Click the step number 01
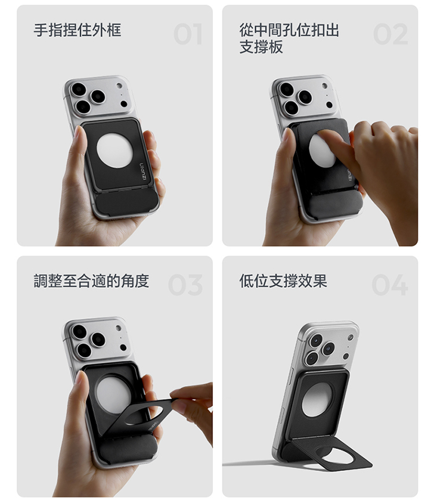187,34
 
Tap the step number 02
391,34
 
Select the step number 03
185,285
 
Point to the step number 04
390,285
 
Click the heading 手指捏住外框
78,30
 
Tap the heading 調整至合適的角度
91,281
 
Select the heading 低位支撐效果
283,281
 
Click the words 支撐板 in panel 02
262,47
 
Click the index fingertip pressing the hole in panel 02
324,134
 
